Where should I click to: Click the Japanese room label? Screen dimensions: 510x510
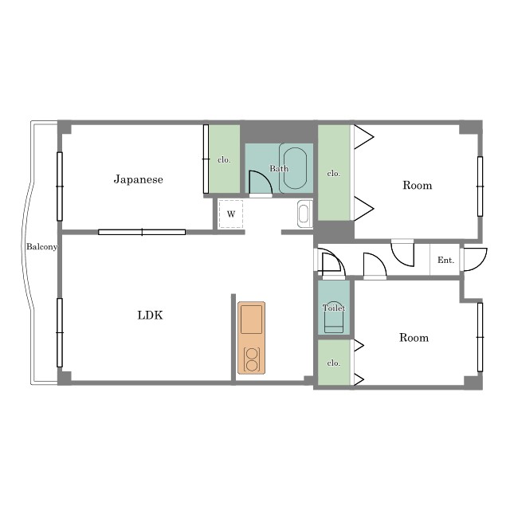138,179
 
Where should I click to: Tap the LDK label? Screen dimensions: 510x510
150,316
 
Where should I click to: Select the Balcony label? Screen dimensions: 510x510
41,247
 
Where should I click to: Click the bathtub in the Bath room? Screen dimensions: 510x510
295,168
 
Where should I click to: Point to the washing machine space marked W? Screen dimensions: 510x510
231,214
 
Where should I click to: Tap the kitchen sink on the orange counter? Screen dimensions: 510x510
251,319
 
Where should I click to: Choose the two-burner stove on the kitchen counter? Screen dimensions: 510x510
252,359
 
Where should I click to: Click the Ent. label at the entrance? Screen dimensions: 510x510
445,261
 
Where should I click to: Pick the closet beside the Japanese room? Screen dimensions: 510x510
224,159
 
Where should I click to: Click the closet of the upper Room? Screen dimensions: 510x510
334,172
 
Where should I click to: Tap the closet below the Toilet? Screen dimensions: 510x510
334,363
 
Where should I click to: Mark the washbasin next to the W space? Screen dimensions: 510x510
304,214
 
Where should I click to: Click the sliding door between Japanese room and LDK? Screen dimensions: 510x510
142,232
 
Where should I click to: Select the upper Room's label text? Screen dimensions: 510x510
418,185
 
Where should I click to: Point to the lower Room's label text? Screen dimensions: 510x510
414,338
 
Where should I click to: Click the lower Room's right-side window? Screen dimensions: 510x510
480,337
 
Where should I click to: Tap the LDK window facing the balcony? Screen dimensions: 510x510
60,333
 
